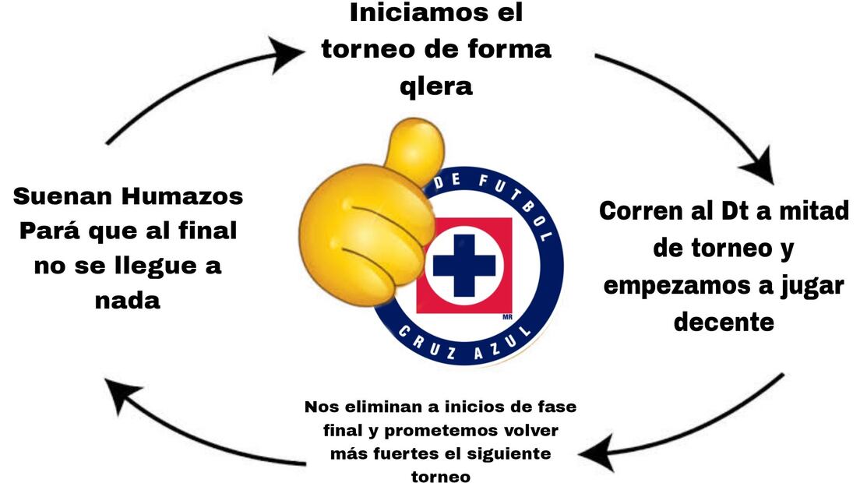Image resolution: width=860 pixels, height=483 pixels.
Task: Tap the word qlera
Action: click(x=435, y=86)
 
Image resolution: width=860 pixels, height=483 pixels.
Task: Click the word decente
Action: click(x=724, y=320)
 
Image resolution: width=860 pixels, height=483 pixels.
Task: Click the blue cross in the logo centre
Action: click(x=464, y=265)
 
